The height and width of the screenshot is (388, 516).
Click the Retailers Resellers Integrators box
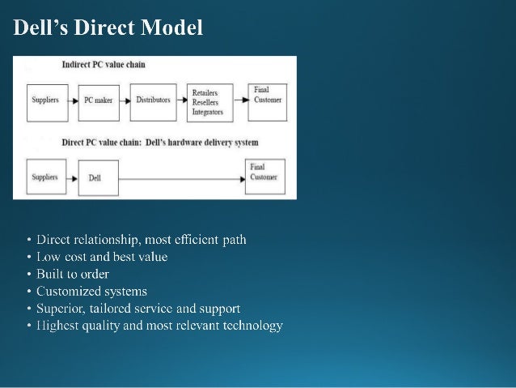[209, 100]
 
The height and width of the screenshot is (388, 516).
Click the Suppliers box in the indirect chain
[44, 100]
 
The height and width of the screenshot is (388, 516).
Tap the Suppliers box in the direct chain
[44, 177]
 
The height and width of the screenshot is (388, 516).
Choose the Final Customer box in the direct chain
[266, 173]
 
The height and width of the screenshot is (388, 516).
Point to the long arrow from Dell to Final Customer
[181, 177]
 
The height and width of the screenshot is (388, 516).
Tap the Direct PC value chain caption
[160, 143]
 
